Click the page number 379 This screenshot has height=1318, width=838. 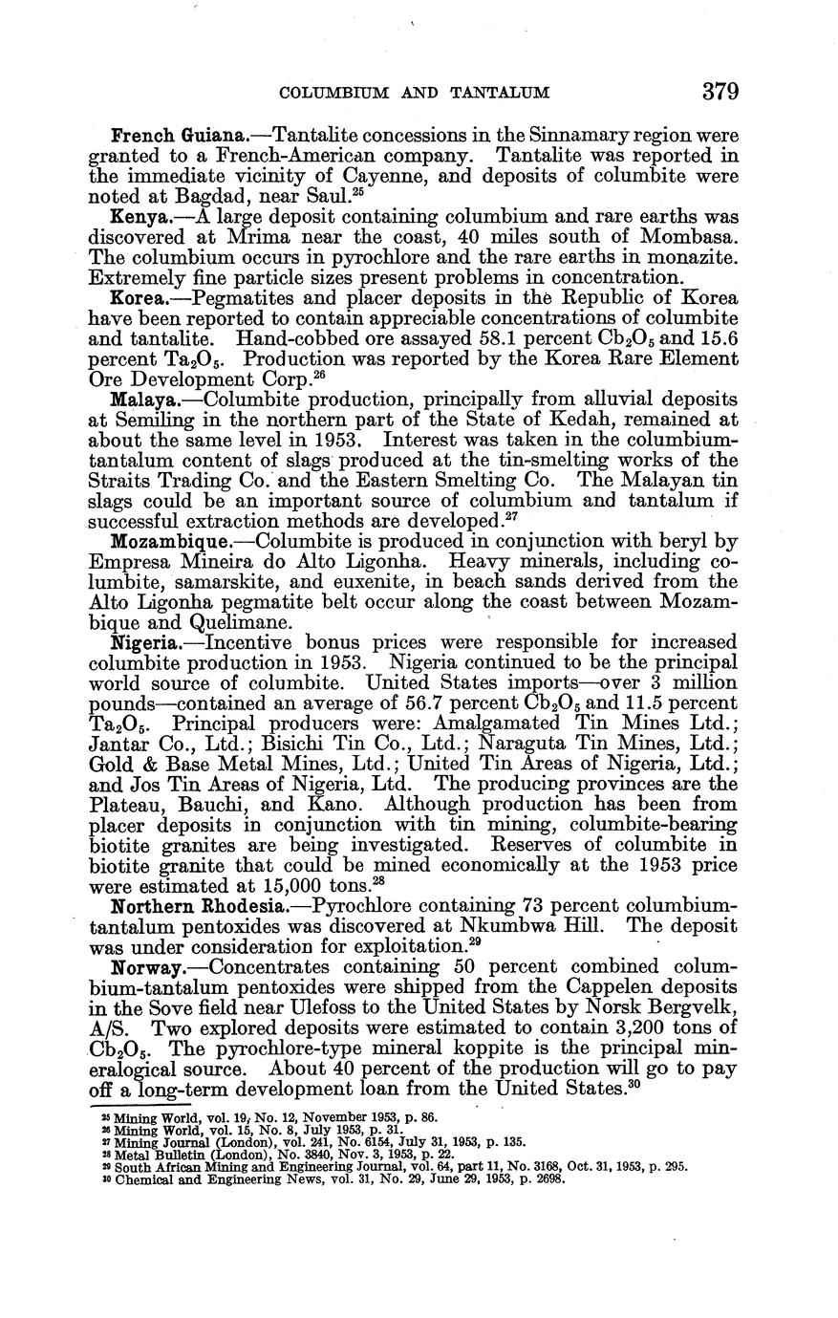720,92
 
